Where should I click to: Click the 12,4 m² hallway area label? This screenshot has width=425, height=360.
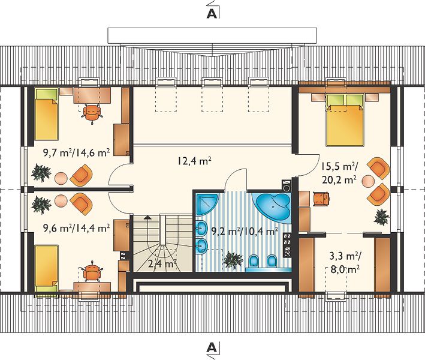pyautogui.click(x=195, y=161)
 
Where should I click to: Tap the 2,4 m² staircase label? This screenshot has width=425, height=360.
pyautogui.click(x=162, y=263)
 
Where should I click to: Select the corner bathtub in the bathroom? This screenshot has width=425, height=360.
pyautogui.click(x=272, y=208)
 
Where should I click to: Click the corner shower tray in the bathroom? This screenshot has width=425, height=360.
pyautogui.click(x=206, y=204)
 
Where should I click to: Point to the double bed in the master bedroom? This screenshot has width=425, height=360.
pyautogui.click(x=345, y=119)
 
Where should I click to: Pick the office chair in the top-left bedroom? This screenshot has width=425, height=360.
pyautogui.click(x=92, y=113)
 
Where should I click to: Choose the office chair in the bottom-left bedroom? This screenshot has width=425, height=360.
pyautogui.click(x=92, y=271)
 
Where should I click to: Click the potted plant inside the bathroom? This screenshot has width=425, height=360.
pyautogui.click(x=233, y=260)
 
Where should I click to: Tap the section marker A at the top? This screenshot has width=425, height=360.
pyautogui.click(x=212, y=14)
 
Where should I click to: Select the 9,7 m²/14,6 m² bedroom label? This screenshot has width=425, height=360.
pyautogui.click(x=77, y=153)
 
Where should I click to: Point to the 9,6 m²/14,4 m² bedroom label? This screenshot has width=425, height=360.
pyautogui.click(x=77, y=228)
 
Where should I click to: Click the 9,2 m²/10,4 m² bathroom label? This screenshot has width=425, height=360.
pyautogui.click(x=245, y=232)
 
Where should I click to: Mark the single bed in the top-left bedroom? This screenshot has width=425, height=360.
pyautogui.click(x=47, y=115)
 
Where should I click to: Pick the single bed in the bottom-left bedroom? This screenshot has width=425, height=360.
pyautogui.click(x=47, y=270)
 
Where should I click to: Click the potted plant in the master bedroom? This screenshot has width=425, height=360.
pyautogui.click(x=381, y=217)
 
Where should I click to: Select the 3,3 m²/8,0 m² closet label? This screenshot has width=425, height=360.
pyautogui.click(x=345, y=262)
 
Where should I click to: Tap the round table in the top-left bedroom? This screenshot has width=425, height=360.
pyautogui.click(x=61, y=179)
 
